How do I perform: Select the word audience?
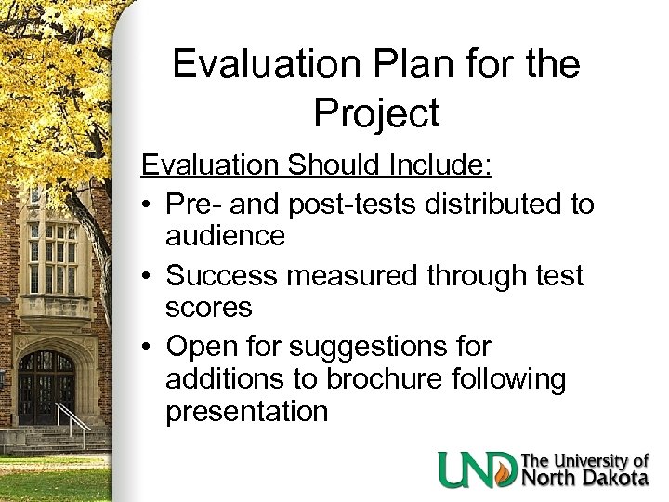pyautogui.click(x=225, y=236)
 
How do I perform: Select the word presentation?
pyautogui.click(x=246, y=412)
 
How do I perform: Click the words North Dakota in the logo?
pyautogui.click(x=586, y=479)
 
